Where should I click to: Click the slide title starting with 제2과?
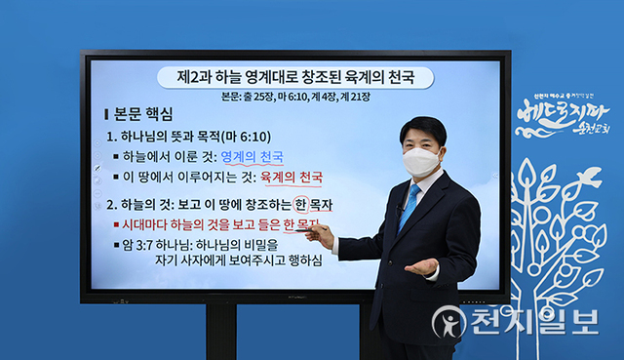coord(292,77)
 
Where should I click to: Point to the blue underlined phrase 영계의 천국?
coord(253,156)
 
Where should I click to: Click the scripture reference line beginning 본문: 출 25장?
coord(292,97)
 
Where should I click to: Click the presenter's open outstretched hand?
coord(421,266)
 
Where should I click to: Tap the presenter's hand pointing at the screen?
coord(320,234)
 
